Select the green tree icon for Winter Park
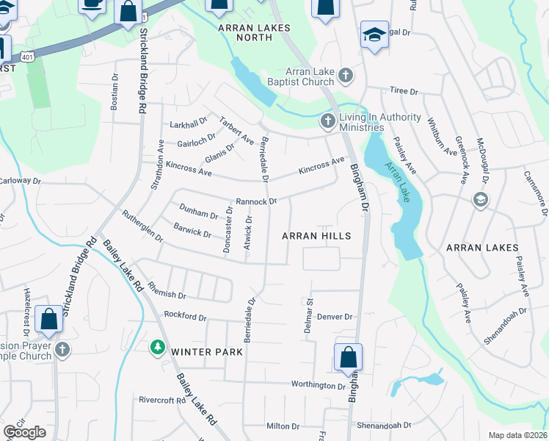click(156, 347)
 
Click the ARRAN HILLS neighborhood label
click(316, 236)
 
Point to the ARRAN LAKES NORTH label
click(255, 27)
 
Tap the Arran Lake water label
click(401, 184)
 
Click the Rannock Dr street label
click(255, 201)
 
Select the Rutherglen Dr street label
click(142, 227)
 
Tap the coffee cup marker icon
click(91, 4)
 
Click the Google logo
click(24, 432)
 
